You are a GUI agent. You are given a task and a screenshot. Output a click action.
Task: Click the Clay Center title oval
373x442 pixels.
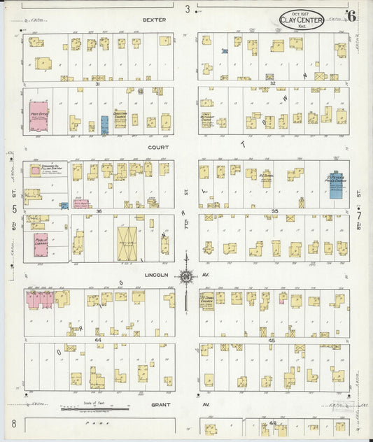[x=301, y=19]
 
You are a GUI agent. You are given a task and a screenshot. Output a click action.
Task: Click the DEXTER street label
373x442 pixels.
[x=154, y=20]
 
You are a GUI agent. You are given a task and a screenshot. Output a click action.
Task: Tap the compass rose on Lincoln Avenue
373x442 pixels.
[x=187, y=276]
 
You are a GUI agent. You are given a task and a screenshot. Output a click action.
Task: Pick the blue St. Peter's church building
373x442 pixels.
[x=336, y=184]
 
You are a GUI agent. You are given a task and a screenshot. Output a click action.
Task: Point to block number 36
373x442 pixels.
[x=99, y=211]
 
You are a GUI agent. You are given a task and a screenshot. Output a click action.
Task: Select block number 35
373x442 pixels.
[x=275, y=211]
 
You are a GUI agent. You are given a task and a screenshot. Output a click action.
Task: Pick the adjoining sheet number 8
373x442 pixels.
[x=13, y=424]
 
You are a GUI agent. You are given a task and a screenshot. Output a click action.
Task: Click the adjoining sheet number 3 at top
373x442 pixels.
[x=188, y=9]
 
